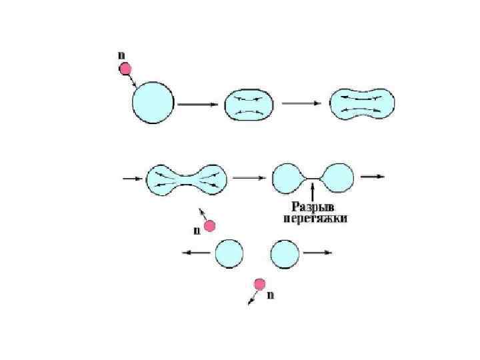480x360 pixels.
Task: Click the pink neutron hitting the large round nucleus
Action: click(x=125, y=68)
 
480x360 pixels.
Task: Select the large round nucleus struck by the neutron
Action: click(x=153, y=103)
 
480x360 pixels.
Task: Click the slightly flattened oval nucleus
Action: click(x=249, y=104)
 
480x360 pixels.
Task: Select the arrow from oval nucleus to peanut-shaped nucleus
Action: click(x=301, y=104)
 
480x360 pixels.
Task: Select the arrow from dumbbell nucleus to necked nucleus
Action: click(x=249, y=178)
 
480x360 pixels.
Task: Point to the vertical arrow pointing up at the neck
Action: click(x=313, y=190)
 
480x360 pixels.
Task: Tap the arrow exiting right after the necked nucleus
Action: click(x=372, y=177)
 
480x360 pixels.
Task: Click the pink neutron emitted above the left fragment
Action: click(x=210, y=227)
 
